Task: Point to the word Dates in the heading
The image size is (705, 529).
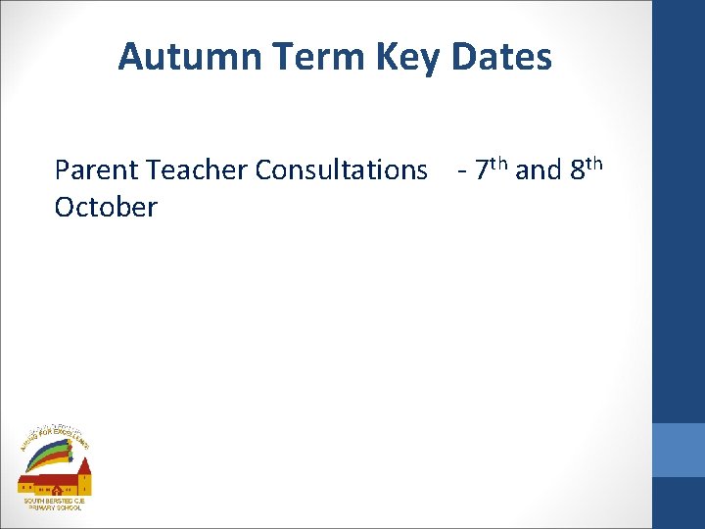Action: coord(501,57)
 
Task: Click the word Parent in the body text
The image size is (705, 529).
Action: coord(97,170)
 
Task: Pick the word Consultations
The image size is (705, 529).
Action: coord(342,170)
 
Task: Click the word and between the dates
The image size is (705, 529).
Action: coord(538,170)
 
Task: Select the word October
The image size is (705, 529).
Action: coord(106,208)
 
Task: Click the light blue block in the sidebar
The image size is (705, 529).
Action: coord(679,450)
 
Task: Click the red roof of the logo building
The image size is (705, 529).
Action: coord(44,477)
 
